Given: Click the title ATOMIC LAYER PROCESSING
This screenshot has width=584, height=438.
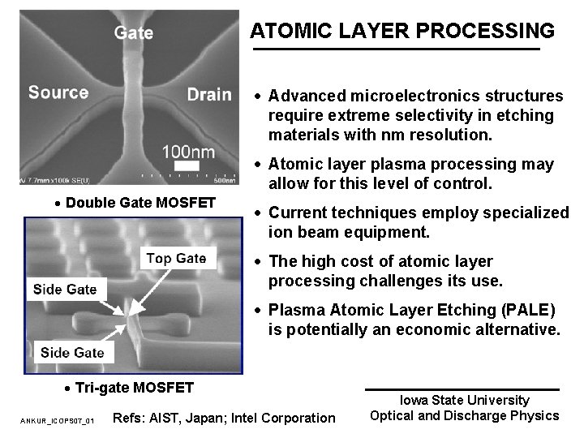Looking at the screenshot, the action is point(402,31).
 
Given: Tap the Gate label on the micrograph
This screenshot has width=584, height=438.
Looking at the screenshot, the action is point(134,33).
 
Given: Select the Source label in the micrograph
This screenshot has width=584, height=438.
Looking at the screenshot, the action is point(58,92).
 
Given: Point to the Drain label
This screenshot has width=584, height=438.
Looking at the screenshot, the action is point(209,94).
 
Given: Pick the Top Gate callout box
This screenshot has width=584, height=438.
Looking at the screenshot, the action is point(176,258).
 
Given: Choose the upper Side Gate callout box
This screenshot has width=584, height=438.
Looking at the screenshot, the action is point(65,289).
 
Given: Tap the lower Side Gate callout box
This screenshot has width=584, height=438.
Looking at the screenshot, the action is point(72,352).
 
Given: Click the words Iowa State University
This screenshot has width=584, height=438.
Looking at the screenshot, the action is point(464,400).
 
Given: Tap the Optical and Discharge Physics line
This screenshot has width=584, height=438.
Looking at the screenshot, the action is point(464,415).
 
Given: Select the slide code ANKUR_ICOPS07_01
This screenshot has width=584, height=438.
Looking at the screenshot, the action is point(58,420).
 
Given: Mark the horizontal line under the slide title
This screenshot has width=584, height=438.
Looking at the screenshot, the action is point(397,50).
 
